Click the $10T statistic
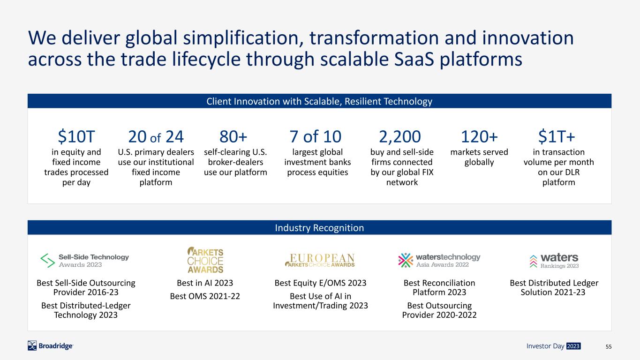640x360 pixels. pyautogui.click(x=76, y=136)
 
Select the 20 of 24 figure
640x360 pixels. pyautogui.click(x=156, y=136)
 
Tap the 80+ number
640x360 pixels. pyautogui.click(x=233, y=136)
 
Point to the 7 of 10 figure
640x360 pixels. pyautogui.click(x=315, y=136)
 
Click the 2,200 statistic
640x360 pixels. pyautogui.click(x=400, y=137)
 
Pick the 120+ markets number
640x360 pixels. pyautogui.click(x=479, y=136)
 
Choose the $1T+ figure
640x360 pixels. pyautogui.click(x=557, y=136)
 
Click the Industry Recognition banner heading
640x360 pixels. pyautogui.click(x=319, y=228)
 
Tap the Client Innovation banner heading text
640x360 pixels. pyautogui.click(x=319, y=101)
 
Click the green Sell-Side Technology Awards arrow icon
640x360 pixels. pyautogui.click(x=47, y=260)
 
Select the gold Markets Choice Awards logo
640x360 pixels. pyautogui.click(x=205, y=260)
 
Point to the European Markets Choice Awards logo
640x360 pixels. pyautogui.click(x=320, y=260)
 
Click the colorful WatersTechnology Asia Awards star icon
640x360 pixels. pyautogui.click(x=406, y=260)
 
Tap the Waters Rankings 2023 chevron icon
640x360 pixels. pyautogui.click(x=533, y=261)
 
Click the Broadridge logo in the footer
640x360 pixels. pyautogui.click(x=50, y=346)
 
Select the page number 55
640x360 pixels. pyautogui.click(x=609, y=346)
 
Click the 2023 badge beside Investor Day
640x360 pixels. pyautogui.click(x=573, y=346)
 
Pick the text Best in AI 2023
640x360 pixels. pyautogui.click(x=205, y=283)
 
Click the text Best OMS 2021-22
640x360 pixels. pyautogui.click(x=205, y=296)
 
